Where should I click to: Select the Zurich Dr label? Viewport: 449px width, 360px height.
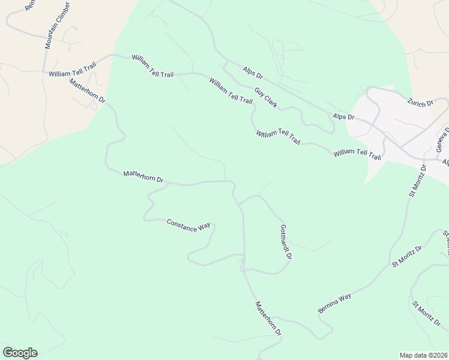pos(420,103)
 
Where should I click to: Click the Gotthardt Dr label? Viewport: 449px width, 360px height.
pos(286,241)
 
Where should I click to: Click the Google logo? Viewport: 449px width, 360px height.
pos(20,353)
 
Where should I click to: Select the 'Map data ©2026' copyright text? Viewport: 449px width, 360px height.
pos(424,355)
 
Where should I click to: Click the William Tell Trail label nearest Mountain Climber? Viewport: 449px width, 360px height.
pos(73,73)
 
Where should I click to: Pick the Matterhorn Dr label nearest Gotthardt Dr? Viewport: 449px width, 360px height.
pos(268,319)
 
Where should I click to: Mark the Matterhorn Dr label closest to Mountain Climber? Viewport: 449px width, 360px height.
pos(87,90)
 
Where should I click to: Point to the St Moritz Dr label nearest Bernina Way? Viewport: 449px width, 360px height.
pos(407,256)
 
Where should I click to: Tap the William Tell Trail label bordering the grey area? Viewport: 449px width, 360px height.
pos(357,155)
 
